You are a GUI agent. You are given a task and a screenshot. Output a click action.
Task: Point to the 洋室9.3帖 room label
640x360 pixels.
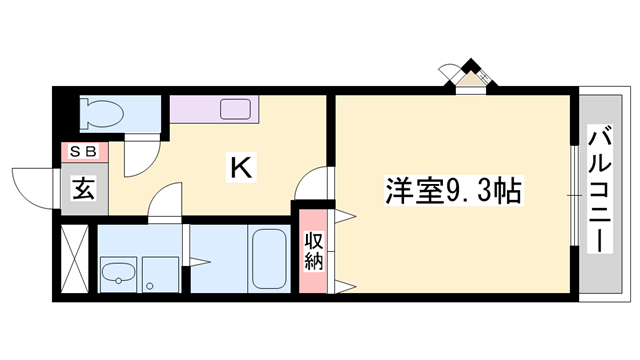[x=452, y=190]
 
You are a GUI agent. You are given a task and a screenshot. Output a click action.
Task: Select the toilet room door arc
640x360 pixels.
[x=140, y=157]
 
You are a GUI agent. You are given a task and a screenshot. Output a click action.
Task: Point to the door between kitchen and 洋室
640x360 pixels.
[x=314, y=185]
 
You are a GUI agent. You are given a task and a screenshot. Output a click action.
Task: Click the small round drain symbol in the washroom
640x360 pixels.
[x=149, y=286]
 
